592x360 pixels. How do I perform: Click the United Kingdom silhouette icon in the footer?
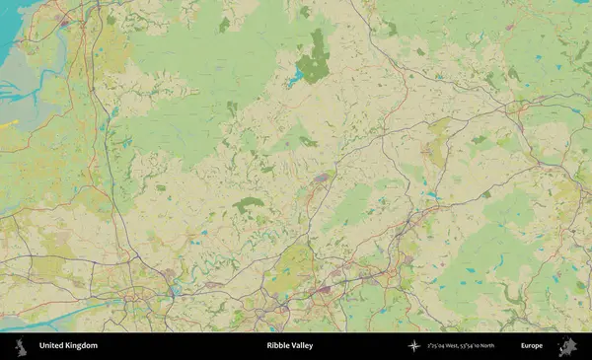(19, 346)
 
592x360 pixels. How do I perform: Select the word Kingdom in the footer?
(82, 346)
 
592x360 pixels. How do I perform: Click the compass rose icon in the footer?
(414, 346)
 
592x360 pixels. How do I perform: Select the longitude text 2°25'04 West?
(445, 346)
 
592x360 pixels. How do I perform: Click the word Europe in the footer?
(532, 346)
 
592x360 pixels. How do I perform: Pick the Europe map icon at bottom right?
(567, 346)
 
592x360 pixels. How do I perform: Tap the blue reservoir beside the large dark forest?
(295, 77)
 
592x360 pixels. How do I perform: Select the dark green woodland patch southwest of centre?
(249, 204)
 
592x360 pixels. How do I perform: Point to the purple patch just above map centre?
(323, 179)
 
